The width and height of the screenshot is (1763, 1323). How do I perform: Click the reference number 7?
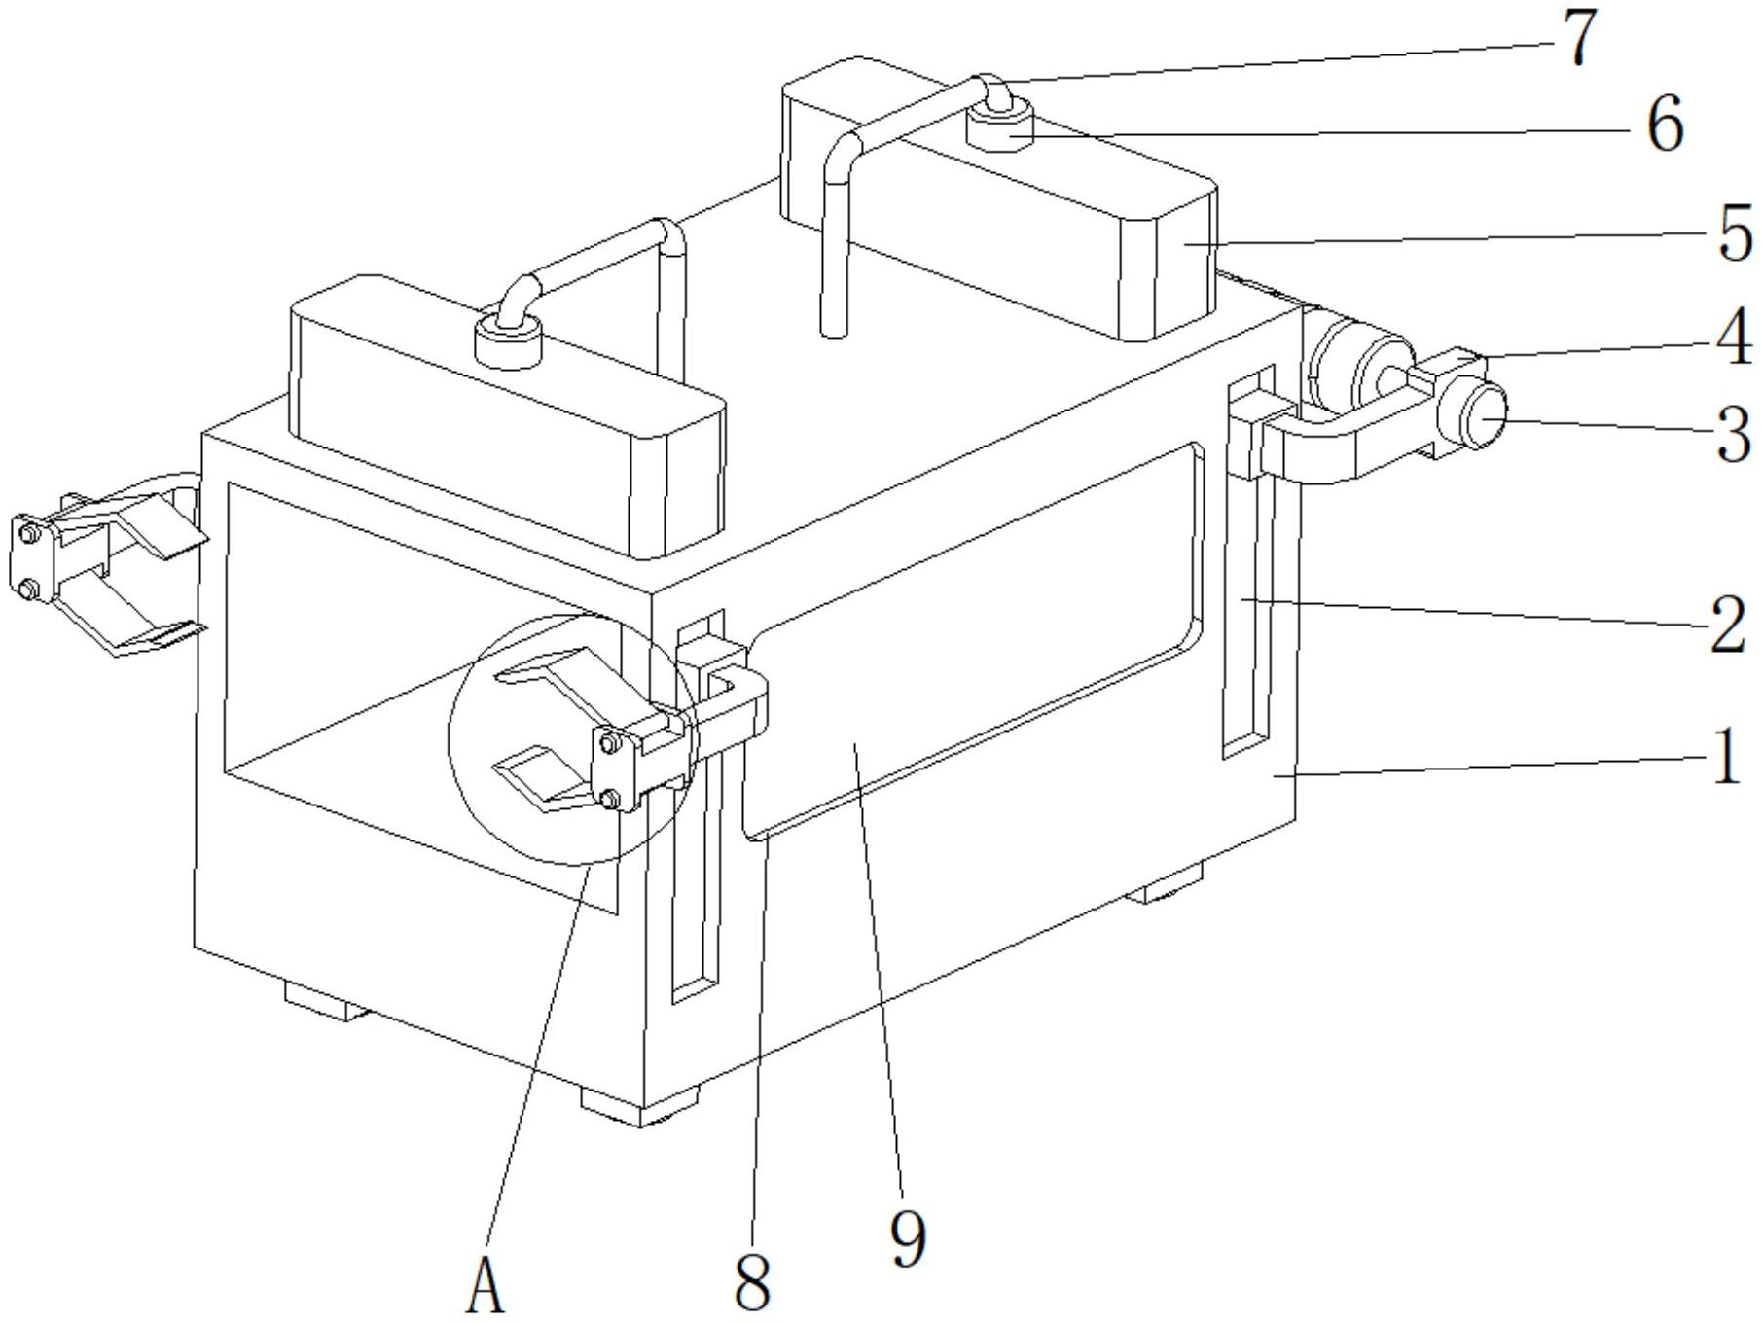[x=1577, y=39]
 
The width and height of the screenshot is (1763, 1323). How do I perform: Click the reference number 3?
[x=1732, y=434]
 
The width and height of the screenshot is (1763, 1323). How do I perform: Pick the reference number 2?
[x=1727, y=623]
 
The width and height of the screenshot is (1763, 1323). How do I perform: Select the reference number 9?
[x=907, y=1237]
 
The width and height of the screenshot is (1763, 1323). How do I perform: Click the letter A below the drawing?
[x=486, y=1284]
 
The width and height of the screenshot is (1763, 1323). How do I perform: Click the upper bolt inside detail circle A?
[x=610, y=744]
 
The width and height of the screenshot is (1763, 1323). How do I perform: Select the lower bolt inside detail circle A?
[x=610, y=800]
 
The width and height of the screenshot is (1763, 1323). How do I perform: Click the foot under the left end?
[x=326, y=1002]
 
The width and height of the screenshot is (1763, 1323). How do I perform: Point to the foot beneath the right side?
[x=1168, y=886]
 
